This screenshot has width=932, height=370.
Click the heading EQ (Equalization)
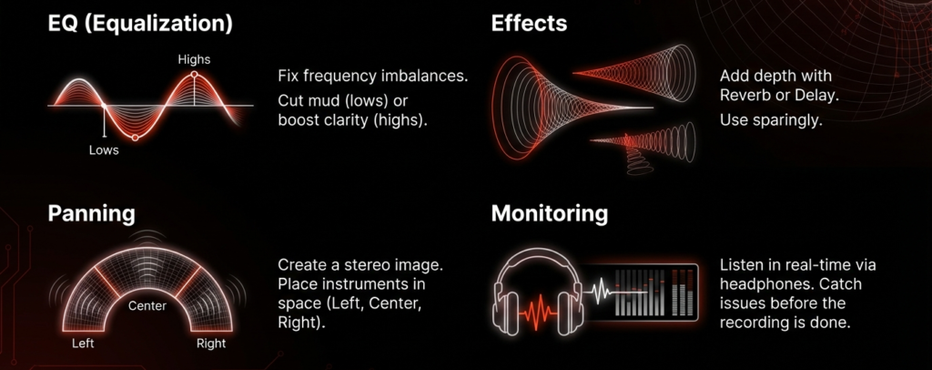(x=140, y=25)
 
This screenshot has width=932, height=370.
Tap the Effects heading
(x=529, y=23)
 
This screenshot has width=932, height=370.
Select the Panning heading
(x=92, y=213)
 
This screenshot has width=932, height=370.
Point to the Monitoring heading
(x=550, y=213)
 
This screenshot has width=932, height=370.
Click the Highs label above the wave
(x=194, y=59)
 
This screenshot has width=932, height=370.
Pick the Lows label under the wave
(x=104, y=149)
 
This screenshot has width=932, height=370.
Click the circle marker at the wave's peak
(x=194, y=75)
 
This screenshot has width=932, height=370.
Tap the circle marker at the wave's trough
(x=135, y=138)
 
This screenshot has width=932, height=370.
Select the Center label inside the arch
(x=147, y=306)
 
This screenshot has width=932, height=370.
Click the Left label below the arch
(x=83, y=344)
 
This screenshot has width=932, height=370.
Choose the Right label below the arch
(x=211, y=344)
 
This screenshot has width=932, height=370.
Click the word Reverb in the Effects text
(x=741, y=96)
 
